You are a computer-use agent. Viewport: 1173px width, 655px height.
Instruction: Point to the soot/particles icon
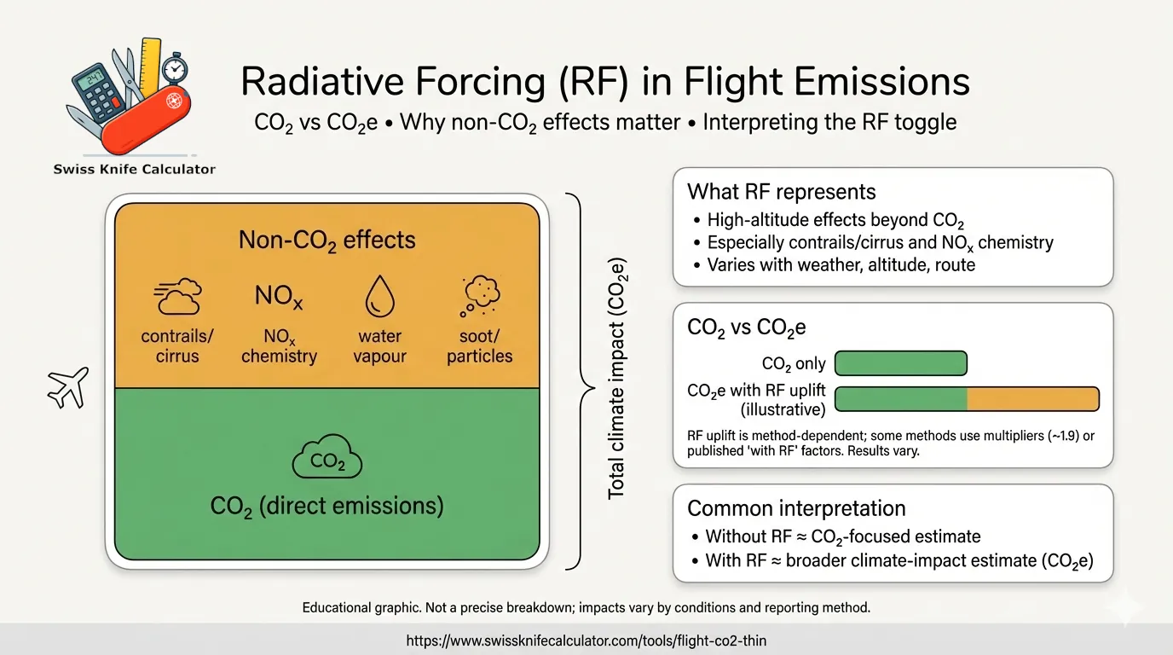(480, 296)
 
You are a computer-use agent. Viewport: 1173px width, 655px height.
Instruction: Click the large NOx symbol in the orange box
(279, 298)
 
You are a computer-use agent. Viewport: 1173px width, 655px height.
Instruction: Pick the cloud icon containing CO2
(326, 460)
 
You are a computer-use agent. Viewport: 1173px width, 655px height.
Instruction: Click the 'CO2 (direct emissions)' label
(326, 506)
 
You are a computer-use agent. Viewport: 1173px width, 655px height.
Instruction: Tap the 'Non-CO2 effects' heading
(326, 240)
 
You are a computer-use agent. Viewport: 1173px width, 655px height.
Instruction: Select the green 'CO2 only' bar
(900, 363)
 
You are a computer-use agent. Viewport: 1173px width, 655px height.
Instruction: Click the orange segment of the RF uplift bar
(1032, 399)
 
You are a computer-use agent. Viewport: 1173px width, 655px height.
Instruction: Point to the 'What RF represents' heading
(782, 191)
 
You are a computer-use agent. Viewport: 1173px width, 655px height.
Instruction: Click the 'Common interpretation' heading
(796, 508)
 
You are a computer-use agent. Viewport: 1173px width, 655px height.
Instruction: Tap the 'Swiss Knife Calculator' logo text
(134, 169)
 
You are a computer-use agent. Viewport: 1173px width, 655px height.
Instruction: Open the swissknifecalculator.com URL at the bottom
(586, 640)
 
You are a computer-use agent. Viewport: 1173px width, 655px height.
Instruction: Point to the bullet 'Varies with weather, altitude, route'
(841, 264)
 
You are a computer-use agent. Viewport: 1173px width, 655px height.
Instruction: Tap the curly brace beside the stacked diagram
(579, 381)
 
